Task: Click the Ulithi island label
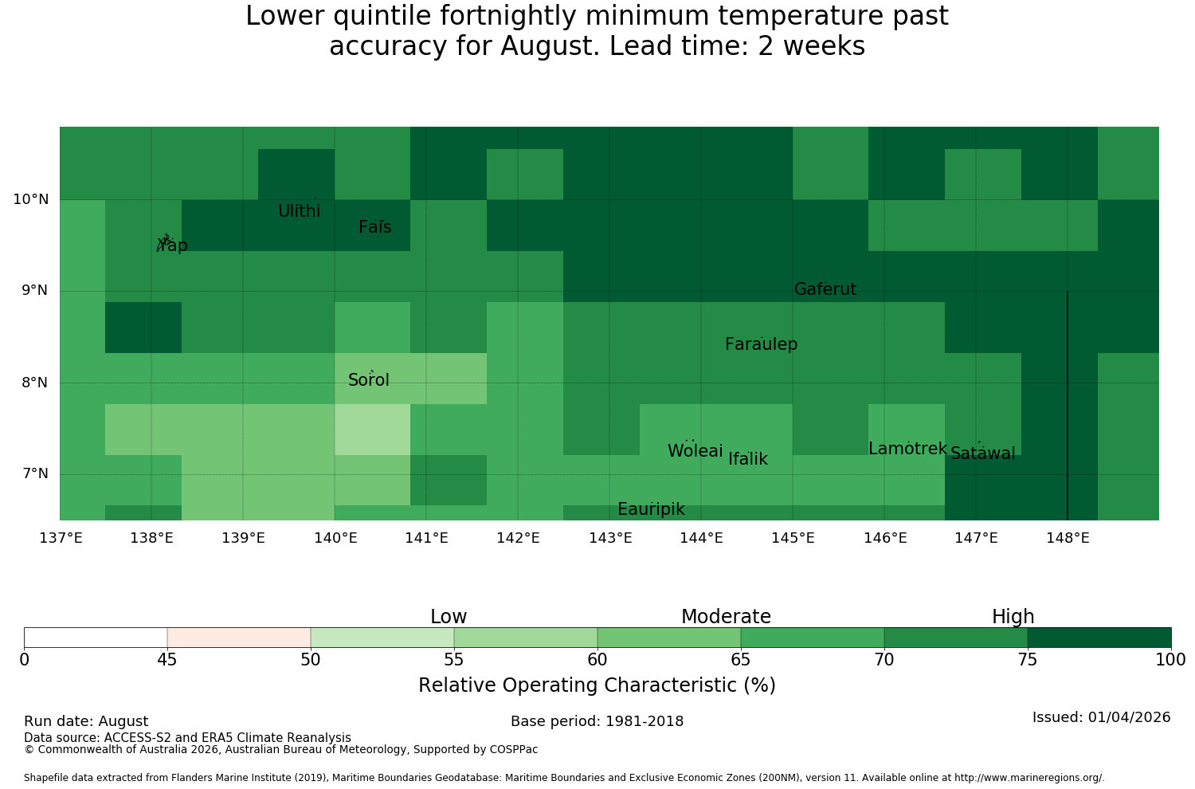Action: coord(300,211)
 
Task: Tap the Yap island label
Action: coord(172,245)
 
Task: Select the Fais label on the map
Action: coord(375,227)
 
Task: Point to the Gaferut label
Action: coord(825,289)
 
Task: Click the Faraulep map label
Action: coord(762,343)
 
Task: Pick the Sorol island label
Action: coord(369,379)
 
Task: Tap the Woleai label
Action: coord(695,450)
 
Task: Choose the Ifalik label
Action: coord(748,458)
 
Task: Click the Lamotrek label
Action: coord(907,449)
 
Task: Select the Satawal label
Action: coord(982,453)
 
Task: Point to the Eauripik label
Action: coord(651,508)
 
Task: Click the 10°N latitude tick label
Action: coord(31,199)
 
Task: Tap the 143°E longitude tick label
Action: coord(610,538)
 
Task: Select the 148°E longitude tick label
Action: coord(1068,538)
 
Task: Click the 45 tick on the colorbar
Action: coord(167,660)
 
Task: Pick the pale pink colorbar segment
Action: coord(239,638)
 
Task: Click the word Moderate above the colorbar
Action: coord(726,617)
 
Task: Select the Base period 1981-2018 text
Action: coord(597,721)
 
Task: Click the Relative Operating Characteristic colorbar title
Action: coord(597,685)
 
